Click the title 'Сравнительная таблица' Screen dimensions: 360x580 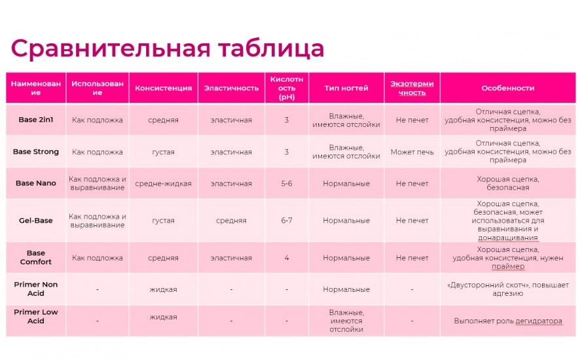coord(167,49)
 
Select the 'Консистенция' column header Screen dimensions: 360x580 coord(163,88)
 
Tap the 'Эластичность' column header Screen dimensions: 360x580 coord(231,88)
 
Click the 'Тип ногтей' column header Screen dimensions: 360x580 coord(346,88)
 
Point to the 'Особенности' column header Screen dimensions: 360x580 coord(507,88)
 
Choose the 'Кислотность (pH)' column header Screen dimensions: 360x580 coord(287,88)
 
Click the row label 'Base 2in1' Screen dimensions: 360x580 coord(36,120)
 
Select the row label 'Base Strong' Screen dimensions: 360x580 coord(36,152)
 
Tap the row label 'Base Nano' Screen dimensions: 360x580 coord(36,183)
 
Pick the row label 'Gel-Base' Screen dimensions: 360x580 coord(36,221)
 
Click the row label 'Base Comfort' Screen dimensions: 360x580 coord(36,257)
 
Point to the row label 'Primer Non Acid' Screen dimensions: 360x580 coord(36,289)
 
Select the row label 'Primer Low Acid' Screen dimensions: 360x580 coord(36,317)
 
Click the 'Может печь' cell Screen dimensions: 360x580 coord(412,153)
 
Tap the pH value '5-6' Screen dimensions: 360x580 coord(287,184)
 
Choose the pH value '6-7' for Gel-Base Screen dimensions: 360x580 coord(287,221)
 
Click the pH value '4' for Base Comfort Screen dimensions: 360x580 coord(287,258)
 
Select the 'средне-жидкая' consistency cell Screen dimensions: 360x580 coord(163,184)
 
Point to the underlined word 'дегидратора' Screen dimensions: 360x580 coord(539,321)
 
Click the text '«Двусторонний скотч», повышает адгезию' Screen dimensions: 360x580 coord(507,289)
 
